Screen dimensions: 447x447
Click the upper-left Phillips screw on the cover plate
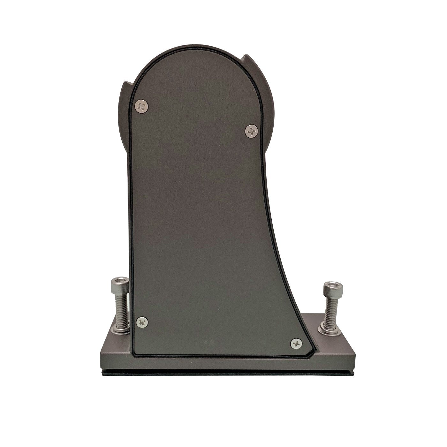coord(142,106)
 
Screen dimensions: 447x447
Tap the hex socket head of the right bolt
coord(330,289)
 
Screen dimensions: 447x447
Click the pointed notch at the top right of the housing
coord(246,57)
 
